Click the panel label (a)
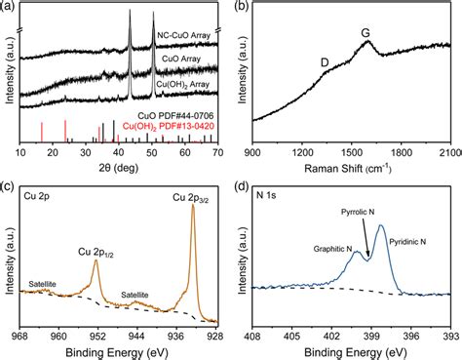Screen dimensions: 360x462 (x=11, y=8)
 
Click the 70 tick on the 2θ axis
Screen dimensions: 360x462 (x=215, y=153)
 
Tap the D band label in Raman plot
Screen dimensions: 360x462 (x=324, y=62)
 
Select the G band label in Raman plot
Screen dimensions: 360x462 (x=366, y=34)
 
